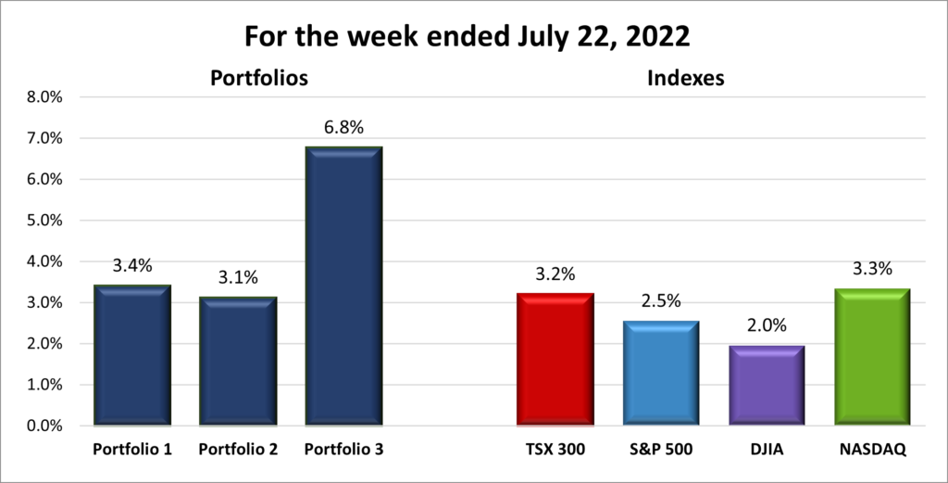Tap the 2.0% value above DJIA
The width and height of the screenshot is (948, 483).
[x=767, y=326]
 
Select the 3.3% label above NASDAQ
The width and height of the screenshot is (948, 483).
[x=872, y=269]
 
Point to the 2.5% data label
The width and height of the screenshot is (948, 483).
[x=660, y=302]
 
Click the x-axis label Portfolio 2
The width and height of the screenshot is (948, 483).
[x=238, y=450]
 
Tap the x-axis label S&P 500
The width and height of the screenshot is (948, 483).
[x=660, y=450]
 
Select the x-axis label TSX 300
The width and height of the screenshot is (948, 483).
[x=555, y=450]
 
